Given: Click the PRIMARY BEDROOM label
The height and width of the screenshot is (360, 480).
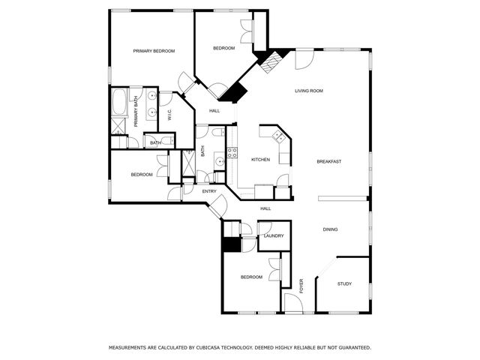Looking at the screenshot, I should click(x=154, y=51).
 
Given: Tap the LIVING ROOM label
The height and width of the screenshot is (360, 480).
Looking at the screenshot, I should click(x=308, y=91).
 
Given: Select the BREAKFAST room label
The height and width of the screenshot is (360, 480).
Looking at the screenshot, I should click(x=329, y=162).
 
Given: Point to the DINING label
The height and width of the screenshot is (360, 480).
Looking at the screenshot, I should click(x=331, y=229).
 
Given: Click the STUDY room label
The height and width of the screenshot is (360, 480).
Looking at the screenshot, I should click(x=344, y=283).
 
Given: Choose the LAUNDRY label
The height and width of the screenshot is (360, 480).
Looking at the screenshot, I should click(x=274, y=236).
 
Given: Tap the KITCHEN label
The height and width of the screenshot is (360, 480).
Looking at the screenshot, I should click(x=260, y=160).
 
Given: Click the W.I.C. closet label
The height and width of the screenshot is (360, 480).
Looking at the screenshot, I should click(x=170, y=115).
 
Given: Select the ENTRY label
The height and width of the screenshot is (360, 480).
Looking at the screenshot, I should click(x=209, y=191).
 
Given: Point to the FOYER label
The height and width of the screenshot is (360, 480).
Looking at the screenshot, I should click(x=302, y=284).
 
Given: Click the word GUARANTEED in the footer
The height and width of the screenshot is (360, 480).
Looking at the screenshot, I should click(x=352, y=348).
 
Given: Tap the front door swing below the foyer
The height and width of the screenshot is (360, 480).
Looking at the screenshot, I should click(x=292, y=303).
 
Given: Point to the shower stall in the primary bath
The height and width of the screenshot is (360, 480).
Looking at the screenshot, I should click(x=118, y=126).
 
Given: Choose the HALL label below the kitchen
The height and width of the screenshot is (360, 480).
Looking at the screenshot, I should click(x=265, y=208).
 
